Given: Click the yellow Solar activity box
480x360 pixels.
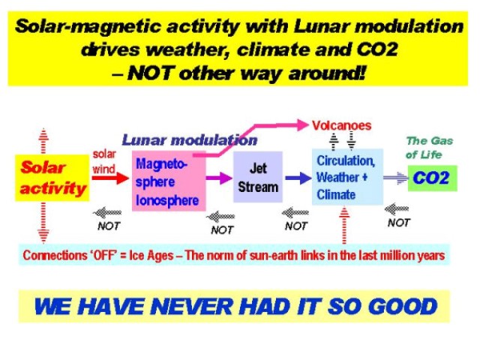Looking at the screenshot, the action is tap(52, 178).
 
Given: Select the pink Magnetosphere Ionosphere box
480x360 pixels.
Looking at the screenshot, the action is tap(169, 181).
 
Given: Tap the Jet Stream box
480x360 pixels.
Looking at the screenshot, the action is tap(258, 177).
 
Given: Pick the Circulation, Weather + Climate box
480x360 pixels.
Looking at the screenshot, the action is tap(347, 177).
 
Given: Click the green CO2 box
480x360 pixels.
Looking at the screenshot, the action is tap(432, 178).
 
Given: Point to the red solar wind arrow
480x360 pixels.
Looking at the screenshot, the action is tap(110, 178).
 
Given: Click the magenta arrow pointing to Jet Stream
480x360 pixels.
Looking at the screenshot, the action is tap(219, 178).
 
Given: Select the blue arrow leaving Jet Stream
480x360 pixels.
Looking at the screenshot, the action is tap(298, 178).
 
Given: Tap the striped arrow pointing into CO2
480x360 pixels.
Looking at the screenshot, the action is tap(396, 178).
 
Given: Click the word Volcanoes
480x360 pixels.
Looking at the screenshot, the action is tap(342, 125).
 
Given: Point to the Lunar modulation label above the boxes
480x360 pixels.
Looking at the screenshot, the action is tap(190, 140).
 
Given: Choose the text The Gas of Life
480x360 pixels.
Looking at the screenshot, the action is tap(429, 148).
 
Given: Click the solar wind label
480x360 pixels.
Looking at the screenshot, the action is tap(104, 161).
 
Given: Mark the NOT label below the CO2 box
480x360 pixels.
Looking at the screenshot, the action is tap(398, 223).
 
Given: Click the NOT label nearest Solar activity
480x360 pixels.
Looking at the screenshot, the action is tap(109, 226).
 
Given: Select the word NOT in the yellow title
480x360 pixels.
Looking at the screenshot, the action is tap(149, 73).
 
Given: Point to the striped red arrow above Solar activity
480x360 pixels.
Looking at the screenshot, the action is tap(43, 141).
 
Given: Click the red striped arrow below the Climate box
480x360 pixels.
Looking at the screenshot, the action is tap(344, 225).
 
